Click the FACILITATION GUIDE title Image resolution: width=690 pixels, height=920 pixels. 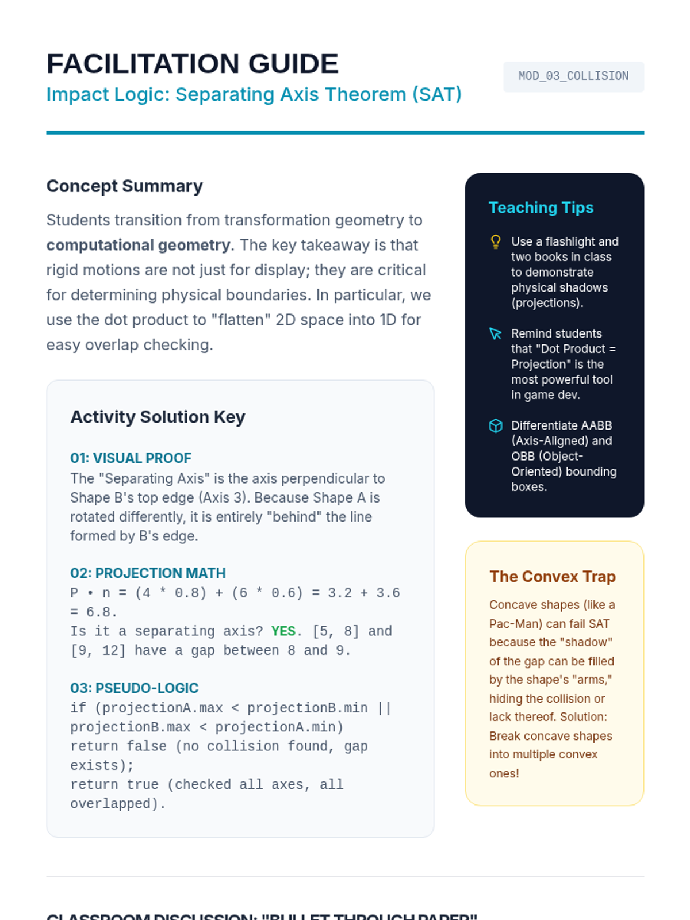pos(192,64)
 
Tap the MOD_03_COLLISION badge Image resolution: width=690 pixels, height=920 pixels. pos(573,76)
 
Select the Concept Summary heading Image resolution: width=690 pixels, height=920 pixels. pos(124,186)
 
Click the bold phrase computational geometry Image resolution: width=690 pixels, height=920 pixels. pos(138,246)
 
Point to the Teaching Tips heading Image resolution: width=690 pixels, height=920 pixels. pos(540,208)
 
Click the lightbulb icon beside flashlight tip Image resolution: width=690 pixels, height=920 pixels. pos(495,241)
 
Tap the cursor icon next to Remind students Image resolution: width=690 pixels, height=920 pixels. pos(495,333)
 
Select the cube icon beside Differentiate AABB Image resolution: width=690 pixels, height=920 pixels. pos(495,425)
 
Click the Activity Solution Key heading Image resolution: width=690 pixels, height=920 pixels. pos(158,417)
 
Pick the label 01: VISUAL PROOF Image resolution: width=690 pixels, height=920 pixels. pos(131,458)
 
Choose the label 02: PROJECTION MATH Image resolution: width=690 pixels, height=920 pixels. pos(148,573)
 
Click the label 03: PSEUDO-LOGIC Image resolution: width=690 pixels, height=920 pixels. pos(134,688)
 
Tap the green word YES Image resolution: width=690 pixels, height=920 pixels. pos(283,631)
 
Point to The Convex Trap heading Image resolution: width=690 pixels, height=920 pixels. pos(552,577)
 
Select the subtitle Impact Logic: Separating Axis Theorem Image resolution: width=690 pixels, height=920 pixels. pos(254,94)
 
